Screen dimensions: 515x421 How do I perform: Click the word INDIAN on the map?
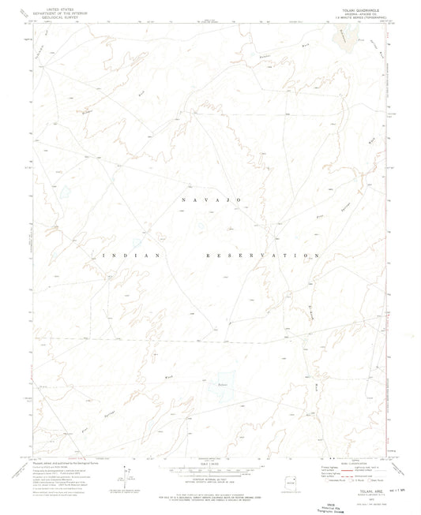[131, 256]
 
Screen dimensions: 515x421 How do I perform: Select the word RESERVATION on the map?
[261, 256]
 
